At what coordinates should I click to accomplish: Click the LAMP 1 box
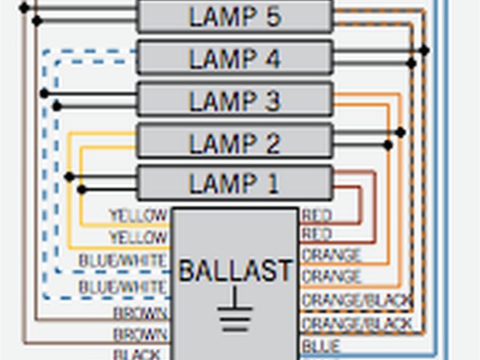click(x=234, y=183)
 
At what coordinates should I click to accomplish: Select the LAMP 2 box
click(x=234, y=142)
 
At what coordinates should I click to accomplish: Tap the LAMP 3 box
click(x=234, y=100)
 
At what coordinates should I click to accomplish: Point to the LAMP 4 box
click(x=234, y=58)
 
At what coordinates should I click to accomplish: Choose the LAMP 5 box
click(x=234, y=16)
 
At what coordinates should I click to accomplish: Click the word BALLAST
click(x=235, y=271)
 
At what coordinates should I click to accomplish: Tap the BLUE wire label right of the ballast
click(x=321, y=346)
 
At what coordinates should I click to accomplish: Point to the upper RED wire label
click(x=317, y=216)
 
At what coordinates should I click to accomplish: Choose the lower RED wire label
click(x=317, y=235)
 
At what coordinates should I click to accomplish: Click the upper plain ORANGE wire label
click(x=331, y=256)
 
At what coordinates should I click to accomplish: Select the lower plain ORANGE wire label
click(x=331, y=277)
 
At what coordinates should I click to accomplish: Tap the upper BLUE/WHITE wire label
click(x=122, y=260)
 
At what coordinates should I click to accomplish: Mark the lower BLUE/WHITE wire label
click(x=122, y=286)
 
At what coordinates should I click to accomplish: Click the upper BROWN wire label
click(x=139, y=313)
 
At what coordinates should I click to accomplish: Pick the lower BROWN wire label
click(x=139, y=334)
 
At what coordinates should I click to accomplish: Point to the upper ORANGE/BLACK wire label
click(x=357, y=301)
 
